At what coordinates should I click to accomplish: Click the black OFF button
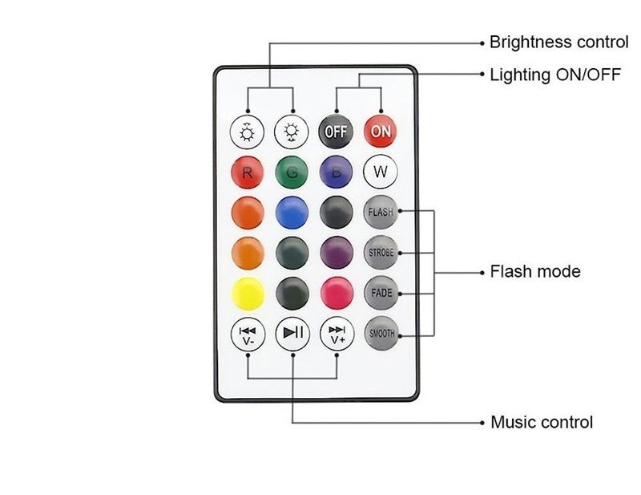point(337,130)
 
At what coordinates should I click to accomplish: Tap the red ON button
point(381,130)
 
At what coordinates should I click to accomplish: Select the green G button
point(292,171)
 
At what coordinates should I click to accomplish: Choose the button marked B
point(337,171)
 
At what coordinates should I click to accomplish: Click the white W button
point(381,171)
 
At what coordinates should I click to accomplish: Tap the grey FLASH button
point(381,212)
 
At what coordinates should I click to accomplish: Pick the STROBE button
point(381,253)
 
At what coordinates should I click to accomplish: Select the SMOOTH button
point(381,334)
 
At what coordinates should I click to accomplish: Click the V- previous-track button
point(248,334)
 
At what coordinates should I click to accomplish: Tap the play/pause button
point(292,334)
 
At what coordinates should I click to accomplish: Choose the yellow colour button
point(248,293)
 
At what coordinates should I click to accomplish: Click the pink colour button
point(337,293)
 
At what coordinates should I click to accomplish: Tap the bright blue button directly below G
point(292,212)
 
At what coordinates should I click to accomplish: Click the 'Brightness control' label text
point(558,42)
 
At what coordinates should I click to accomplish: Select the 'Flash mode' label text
point(534,272)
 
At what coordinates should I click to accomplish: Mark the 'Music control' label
point(541,422)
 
